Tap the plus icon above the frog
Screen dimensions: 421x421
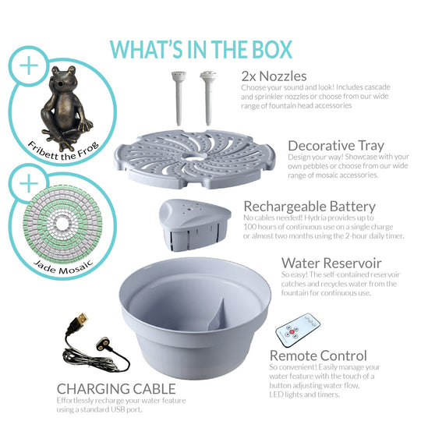point(29,65)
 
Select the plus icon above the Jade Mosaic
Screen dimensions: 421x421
point(29,184)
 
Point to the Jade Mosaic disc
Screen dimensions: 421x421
point(62,224)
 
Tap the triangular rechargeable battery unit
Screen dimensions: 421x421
point(195,225)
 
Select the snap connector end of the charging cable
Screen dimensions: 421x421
point(104,344)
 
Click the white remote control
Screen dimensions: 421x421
point(298,329)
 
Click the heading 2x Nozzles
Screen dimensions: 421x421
point(274,76)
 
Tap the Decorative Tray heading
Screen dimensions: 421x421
point(336,146)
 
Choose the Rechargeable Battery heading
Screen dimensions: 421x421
point(310,207)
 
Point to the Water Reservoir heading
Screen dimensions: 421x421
point(331,264)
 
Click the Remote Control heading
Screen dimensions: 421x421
point(318,356)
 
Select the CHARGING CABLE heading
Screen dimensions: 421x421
point(116,388)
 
